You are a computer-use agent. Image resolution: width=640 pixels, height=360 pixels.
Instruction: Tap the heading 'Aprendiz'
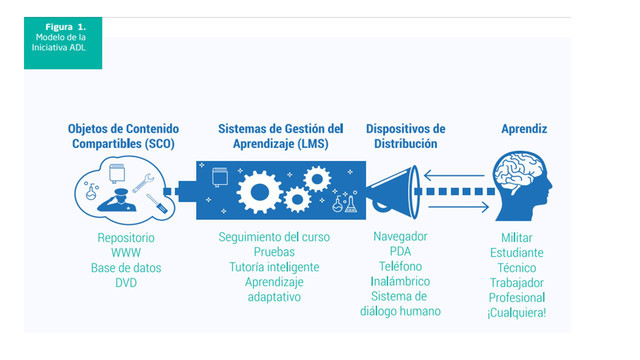[524, 129]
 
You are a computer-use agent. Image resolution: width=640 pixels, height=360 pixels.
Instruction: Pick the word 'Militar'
[524, 238]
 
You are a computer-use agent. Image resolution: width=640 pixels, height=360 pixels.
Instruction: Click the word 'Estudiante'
[524, 253]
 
